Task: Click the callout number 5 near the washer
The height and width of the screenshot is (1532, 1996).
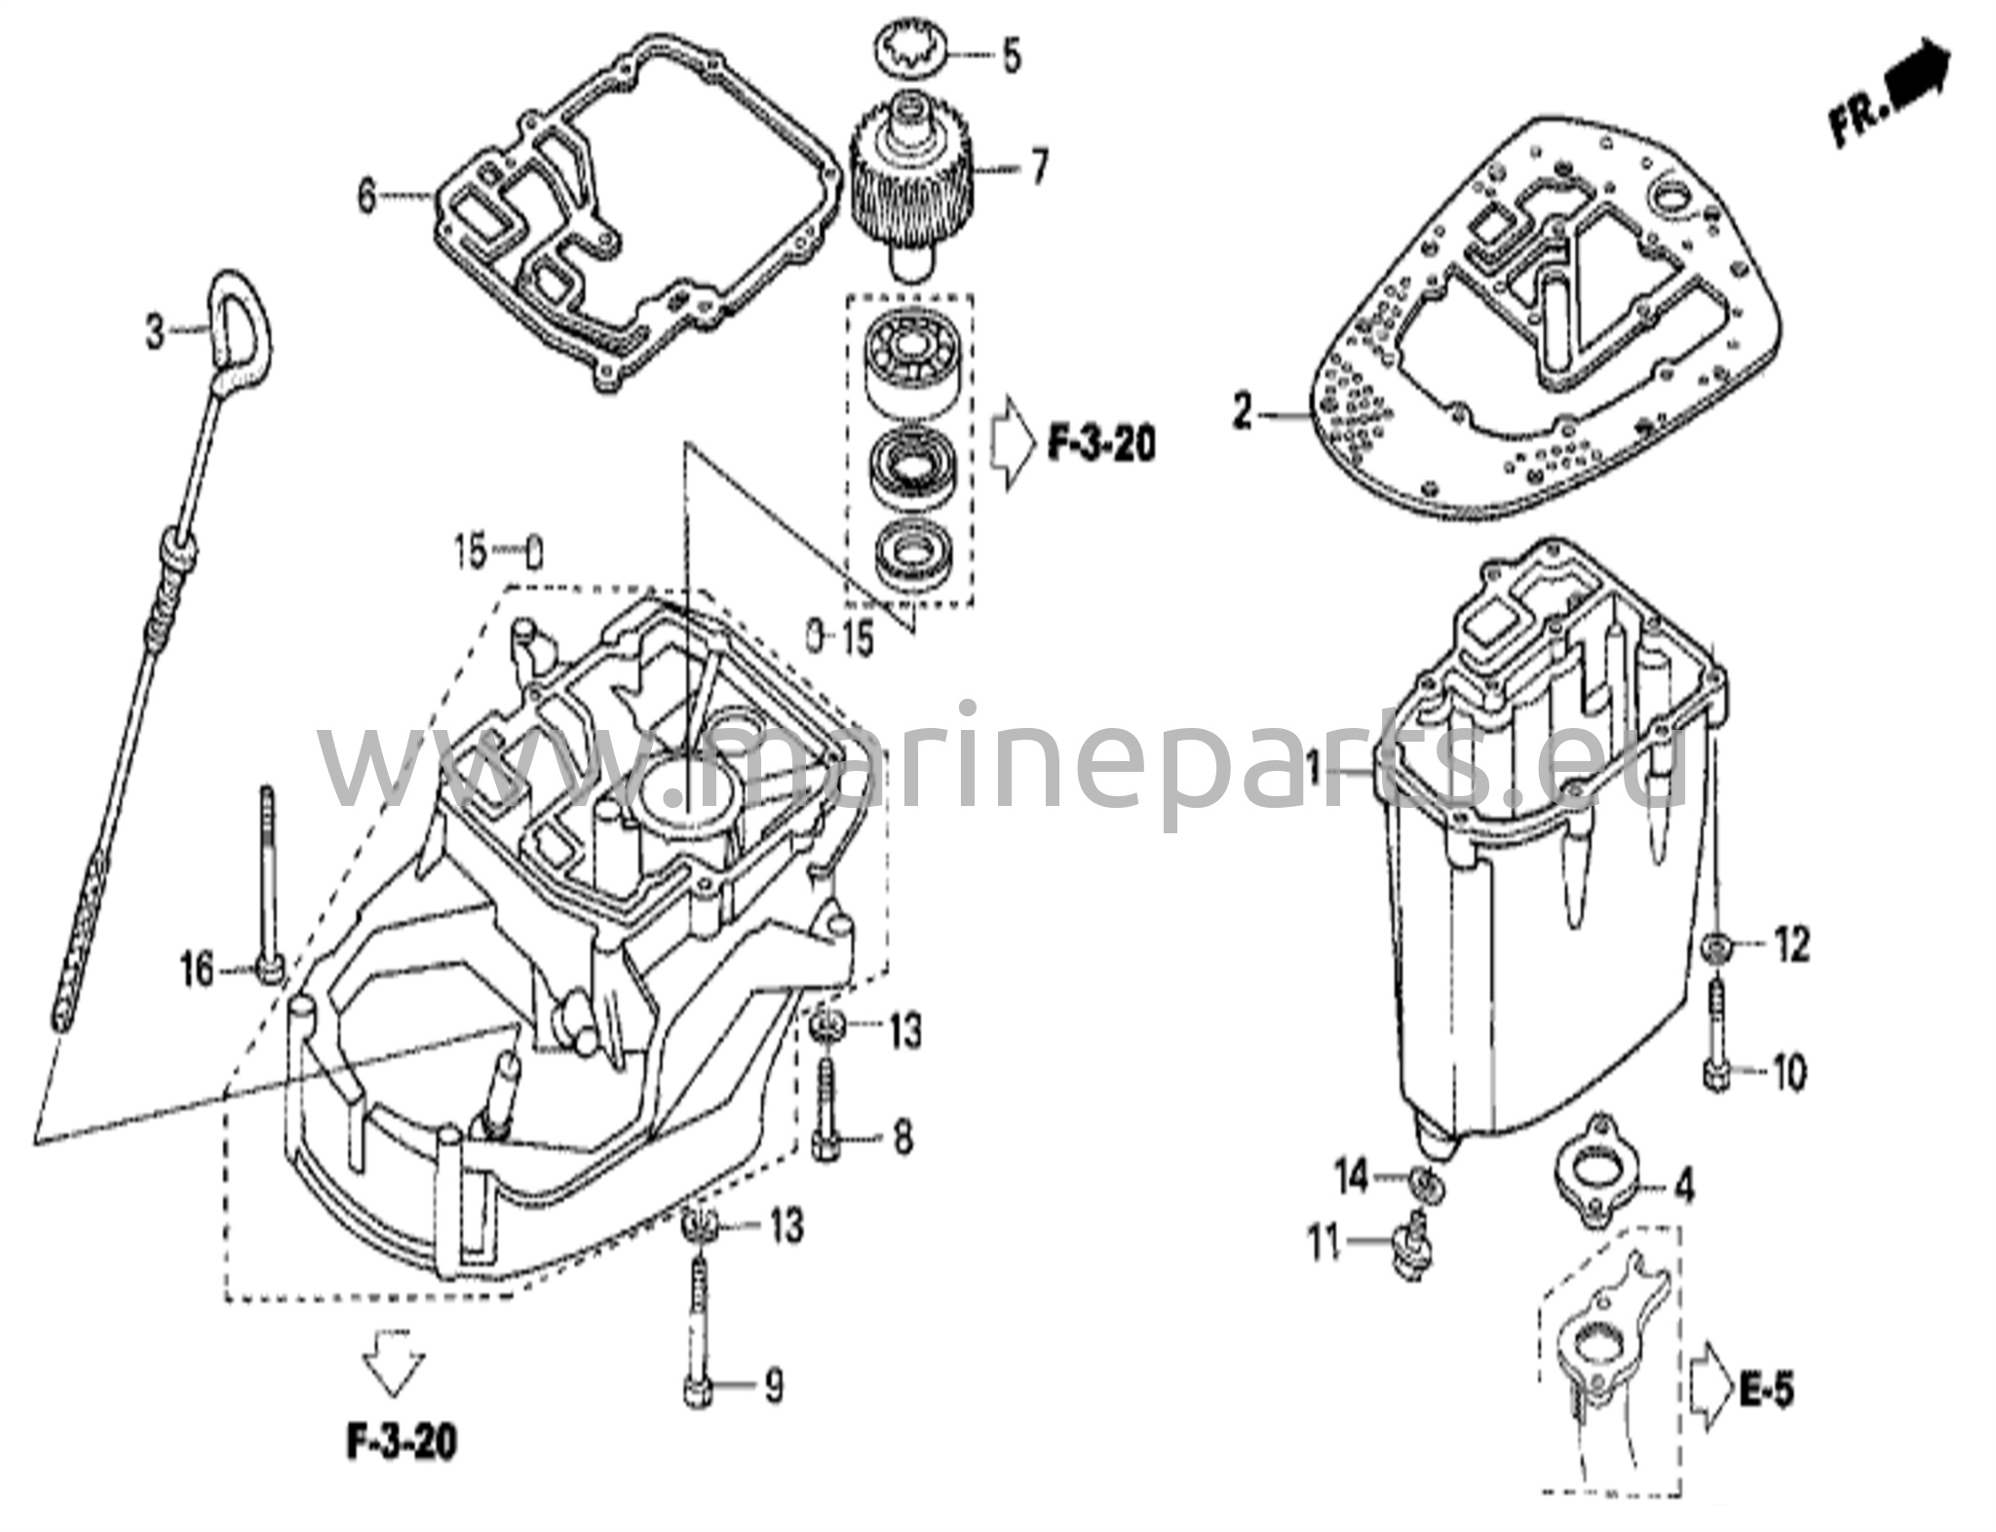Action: [1012, 57]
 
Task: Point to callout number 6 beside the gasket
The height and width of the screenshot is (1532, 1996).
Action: [366, 197]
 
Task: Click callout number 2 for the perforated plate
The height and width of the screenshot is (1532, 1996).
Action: [1242, 413]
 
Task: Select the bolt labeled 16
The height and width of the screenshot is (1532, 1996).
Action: [268, 897]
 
